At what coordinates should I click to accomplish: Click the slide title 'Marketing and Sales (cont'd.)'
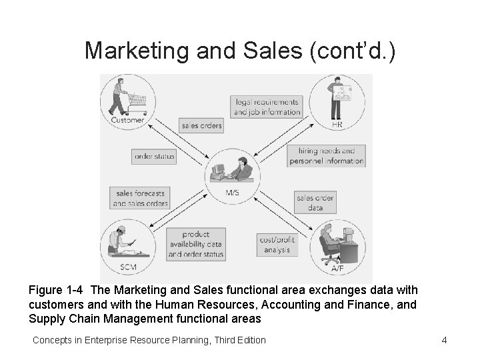click(x=240, y=50)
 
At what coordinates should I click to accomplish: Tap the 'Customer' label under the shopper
click(x=127, y=120)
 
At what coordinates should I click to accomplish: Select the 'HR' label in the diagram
click(x=337, y=125)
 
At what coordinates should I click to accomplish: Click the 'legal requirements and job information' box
click(x=267, y=107)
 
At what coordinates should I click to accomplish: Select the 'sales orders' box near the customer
click(x=201, y=125)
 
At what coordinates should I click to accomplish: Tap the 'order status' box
click(x=154, y=157)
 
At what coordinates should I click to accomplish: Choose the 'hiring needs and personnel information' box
click(x=327, y=156)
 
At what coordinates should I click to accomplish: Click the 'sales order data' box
click(x=315, y=203)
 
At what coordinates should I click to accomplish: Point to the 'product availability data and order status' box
click(x=195, y=244)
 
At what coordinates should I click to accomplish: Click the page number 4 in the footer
click(x=444, y=341)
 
